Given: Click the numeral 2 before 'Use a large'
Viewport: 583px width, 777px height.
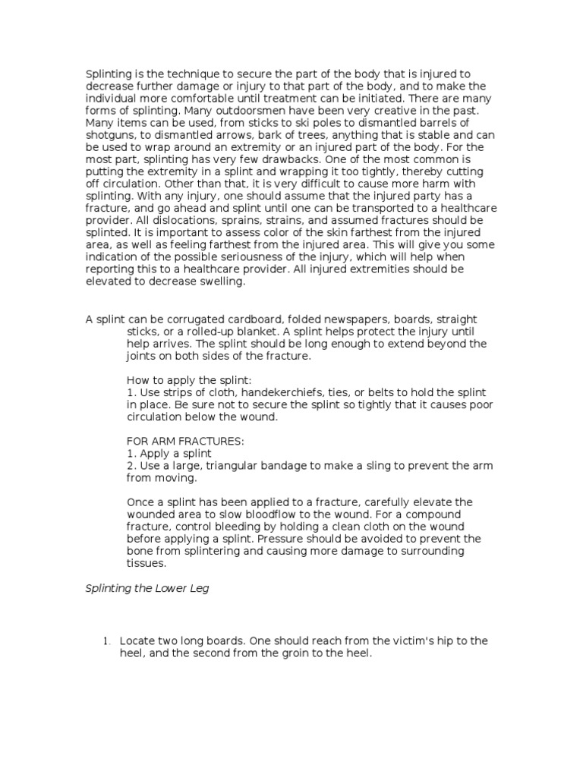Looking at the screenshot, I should (129, 465).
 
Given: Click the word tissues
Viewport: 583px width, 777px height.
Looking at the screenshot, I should (146, 564).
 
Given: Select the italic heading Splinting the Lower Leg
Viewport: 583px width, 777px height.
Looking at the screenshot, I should (146, 589).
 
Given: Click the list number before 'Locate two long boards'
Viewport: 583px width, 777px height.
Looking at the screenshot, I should (106, 641).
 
